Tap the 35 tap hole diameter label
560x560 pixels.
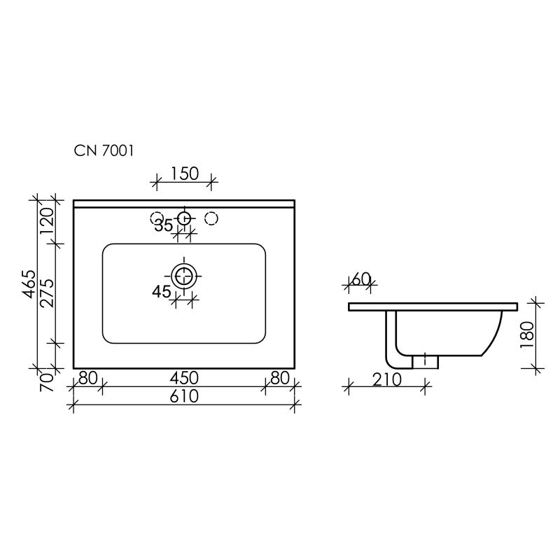click(164, 225)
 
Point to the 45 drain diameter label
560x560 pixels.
click(162, 292)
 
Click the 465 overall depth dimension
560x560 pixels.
click(29, 283)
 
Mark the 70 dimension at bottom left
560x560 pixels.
click(48, 381)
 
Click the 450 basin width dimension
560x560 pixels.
click(184, 378)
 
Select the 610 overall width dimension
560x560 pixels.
click(184, 396)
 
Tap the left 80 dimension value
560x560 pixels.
click(87, 378)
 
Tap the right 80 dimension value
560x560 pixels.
click(279, 378)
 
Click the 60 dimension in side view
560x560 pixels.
click(361, 279)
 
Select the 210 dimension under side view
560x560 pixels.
click(386, 380)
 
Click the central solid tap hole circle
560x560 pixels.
click(184, 218)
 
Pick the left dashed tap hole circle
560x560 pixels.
click(157, 218)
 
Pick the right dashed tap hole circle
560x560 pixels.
click(211, 218)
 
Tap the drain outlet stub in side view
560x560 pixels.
click(426, 360)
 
